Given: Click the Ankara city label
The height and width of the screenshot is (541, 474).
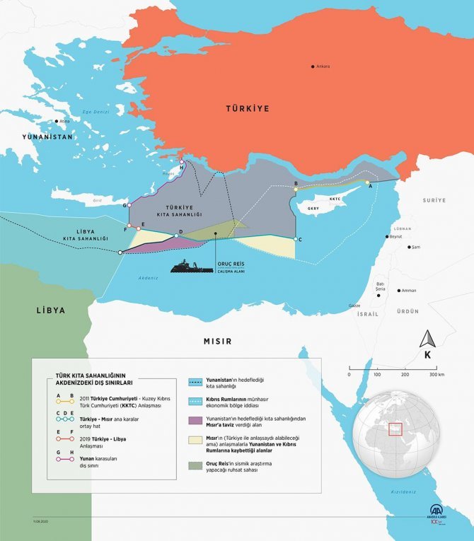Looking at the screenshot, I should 323,66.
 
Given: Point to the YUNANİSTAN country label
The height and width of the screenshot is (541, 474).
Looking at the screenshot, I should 47,136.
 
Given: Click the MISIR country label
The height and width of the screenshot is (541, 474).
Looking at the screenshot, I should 218,341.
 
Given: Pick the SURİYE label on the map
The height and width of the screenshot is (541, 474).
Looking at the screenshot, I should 435,200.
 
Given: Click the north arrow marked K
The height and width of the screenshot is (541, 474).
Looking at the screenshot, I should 427,346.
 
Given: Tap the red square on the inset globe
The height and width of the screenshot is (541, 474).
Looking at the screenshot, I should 395,429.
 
